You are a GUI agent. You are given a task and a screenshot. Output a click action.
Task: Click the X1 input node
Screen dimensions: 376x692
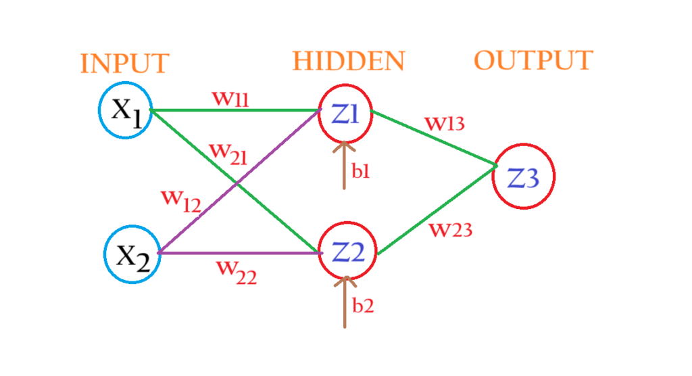pos(124,110)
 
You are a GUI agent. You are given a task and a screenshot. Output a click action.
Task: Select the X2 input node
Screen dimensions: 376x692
pos(132,255)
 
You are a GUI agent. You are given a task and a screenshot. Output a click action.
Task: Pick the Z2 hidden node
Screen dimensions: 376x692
pos(347,253)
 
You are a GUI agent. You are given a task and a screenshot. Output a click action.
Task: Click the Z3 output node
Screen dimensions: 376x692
pos(524,177)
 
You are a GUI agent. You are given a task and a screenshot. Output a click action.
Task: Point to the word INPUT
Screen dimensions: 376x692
pos(124,64)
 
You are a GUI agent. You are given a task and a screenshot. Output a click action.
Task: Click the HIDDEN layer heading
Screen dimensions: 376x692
pos(348,62)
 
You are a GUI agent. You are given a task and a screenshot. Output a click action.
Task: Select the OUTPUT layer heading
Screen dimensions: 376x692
pos(533,61)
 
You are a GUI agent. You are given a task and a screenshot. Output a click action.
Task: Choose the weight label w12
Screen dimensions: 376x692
pos(180,201)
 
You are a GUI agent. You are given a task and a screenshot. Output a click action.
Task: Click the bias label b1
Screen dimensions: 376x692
pos(361,170)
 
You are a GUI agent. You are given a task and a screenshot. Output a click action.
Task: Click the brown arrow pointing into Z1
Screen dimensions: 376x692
pos(344,166)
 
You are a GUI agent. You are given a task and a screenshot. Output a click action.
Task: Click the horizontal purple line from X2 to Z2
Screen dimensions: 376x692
pos(237,253)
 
